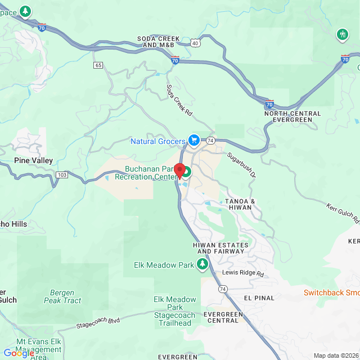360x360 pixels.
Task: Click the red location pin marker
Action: (x=179, y=170)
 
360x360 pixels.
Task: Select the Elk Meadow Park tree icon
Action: (x=203, y=264)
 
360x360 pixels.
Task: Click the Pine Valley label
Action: (x=34, y=160)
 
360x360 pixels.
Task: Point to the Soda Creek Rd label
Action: (x=179, y=101)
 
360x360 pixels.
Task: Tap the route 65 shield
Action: (x=98, y=65)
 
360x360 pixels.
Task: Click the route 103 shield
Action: (x=62, y=175)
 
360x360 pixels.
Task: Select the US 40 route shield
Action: (x=195, y=43)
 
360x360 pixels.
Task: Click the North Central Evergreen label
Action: (x=292, y=116)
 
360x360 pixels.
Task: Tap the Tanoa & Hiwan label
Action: (x=240, y=205)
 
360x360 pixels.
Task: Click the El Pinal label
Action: (x=259, y=298)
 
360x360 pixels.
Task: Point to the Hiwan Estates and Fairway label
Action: (x=219, y=247)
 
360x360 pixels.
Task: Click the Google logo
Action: (x=18, y=353)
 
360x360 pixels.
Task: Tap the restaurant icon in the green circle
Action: (x=343, y=34)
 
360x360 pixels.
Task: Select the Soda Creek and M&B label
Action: (x=158, y=42)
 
